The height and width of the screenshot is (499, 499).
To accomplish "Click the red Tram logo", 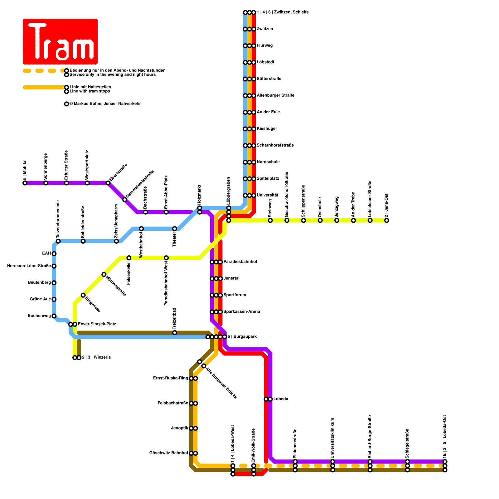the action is tap(60, 41).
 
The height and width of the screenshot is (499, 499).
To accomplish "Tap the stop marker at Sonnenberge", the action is tap(46, 183).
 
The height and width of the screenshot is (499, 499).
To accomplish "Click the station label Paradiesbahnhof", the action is tap(240, 262).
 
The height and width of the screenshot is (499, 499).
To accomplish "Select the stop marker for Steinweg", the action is tap(270, 220).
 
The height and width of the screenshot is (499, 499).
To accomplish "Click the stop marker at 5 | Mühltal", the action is tap(25, 183).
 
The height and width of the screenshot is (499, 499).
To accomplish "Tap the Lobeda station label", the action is tap(281, 399).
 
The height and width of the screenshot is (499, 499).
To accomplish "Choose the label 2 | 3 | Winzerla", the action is tap(96, 357).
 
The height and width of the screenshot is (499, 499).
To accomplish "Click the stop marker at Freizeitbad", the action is tap(175, 333).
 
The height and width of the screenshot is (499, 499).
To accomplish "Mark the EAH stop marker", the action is tap(54, 254).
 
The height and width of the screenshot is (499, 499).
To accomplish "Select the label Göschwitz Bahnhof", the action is tap(169, 453).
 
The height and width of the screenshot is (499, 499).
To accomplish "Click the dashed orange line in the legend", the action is tap(44, 71).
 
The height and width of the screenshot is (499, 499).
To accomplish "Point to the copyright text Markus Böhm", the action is tap(105, 104).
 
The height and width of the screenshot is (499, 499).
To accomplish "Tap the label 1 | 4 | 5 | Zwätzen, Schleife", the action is tap(283, 12).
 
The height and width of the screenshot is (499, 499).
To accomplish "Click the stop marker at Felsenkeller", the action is tap(129, 258).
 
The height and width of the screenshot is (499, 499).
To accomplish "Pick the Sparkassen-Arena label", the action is tap(241, 312).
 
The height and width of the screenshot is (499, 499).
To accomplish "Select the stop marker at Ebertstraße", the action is tap(108, 183).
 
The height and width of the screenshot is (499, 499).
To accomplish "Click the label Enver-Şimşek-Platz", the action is tap(97, 324).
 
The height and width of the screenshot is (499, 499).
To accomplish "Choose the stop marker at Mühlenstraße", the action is tap(104, 274).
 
